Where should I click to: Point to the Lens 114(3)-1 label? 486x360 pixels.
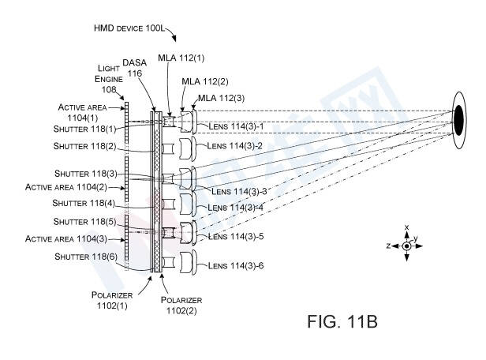point(235,126)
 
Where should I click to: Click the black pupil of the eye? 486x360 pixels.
point(458,118)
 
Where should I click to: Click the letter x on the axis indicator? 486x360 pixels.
point(406,227)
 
